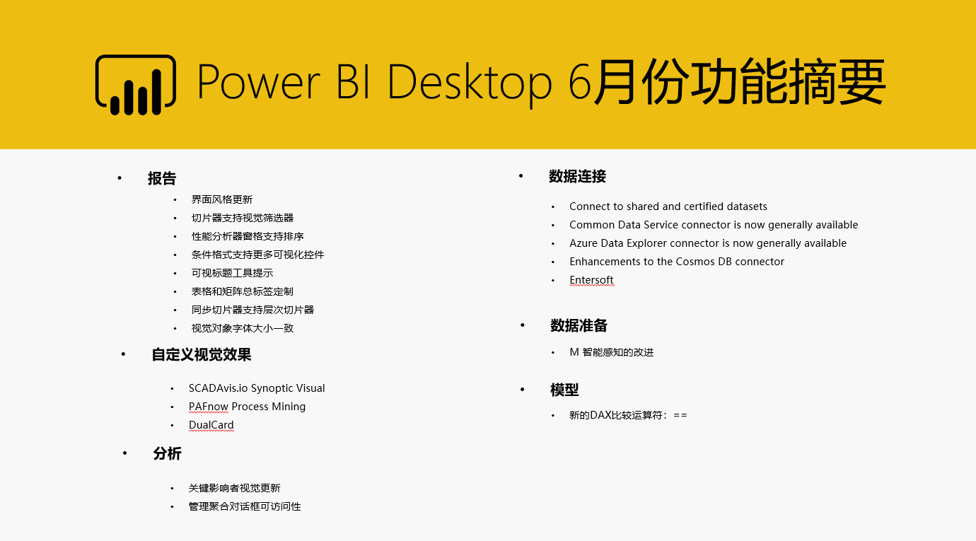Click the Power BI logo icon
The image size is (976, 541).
[136, 85]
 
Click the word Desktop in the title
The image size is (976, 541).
[470, 83]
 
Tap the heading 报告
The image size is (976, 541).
[162, 179]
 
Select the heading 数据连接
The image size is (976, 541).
[577, 176]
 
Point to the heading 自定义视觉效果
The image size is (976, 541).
[202, 354]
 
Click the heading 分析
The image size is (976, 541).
[167, 453]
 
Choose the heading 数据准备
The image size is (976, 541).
[579, 325]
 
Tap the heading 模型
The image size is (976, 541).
[564, 390]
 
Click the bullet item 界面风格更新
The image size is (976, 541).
[222, 199]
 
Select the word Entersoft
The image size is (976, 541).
[591, 279]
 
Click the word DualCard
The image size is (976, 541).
[211, 425]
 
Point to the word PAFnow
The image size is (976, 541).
[208, 407]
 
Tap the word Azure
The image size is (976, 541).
[583, 243]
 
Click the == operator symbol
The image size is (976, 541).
[680, 415]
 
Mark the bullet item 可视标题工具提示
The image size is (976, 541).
[232, 273]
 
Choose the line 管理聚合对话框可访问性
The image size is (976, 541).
[245, 506]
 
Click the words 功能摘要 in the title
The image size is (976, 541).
[788, 83]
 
